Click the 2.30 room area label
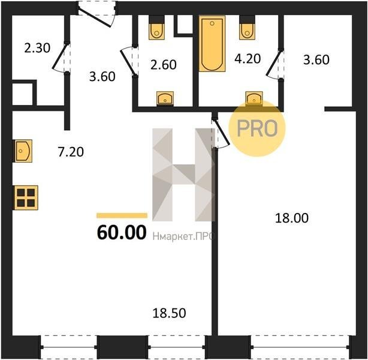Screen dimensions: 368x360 37,48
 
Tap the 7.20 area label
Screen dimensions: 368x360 71,152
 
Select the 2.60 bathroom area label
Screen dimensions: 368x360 164,65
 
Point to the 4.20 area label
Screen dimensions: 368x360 248,59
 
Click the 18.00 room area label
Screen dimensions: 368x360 291,218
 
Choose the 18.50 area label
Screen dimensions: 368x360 169,313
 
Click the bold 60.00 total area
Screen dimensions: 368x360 122,232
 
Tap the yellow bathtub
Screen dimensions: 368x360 212,43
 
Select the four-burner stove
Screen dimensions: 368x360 26,197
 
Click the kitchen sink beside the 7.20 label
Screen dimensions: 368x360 23,151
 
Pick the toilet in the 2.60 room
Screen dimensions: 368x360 156,28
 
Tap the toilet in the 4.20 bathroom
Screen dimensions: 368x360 247,28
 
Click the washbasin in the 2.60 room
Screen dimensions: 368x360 165,98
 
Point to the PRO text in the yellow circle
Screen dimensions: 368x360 257,128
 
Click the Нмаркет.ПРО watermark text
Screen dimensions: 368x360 183,236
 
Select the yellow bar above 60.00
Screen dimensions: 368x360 122,215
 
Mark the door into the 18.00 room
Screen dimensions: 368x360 221,133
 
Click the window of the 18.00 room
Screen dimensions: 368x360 300,347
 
